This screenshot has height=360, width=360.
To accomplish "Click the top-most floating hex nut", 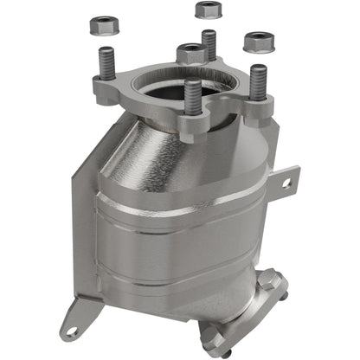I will pos(208,10).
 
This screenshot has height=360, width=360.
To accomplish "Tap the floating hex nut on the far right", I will pos(257,42).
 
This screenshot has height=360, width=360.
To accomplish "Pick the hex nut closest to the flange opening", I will pos(191,54).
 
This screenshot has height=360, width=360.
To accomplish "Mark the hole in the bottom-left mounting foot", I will pos(71,331).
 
